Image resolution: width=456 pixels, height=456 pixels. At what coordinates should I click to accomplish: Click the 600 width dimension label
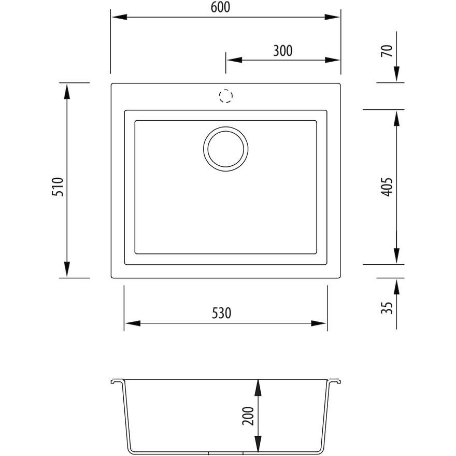click(220, 7)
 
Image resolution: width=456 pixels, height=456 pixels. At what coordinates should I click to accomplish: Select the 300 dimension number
click(283, 51)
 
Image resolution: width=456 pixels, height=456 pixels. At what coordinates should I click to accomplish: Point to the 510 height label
click(58, 187)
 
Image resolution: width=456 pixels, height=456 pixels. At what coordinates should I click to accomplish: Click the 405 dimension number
click(387, 187)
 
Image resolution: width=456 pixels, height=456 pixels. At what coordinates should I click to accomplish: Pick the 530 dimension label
click(221, 313)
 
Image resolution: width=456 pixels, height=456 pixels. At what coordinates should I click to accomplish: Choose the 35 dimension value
click(387, 308)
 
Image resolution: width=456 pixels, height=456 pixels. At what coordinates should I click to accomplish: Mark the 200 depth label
click(248, 416)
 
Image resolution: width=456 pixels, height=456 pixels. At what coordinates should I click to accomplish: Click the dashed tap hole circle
click(226, 96)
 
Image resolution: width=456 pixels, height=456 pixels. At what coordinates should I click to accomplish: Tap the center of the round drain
click(226, 149)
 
